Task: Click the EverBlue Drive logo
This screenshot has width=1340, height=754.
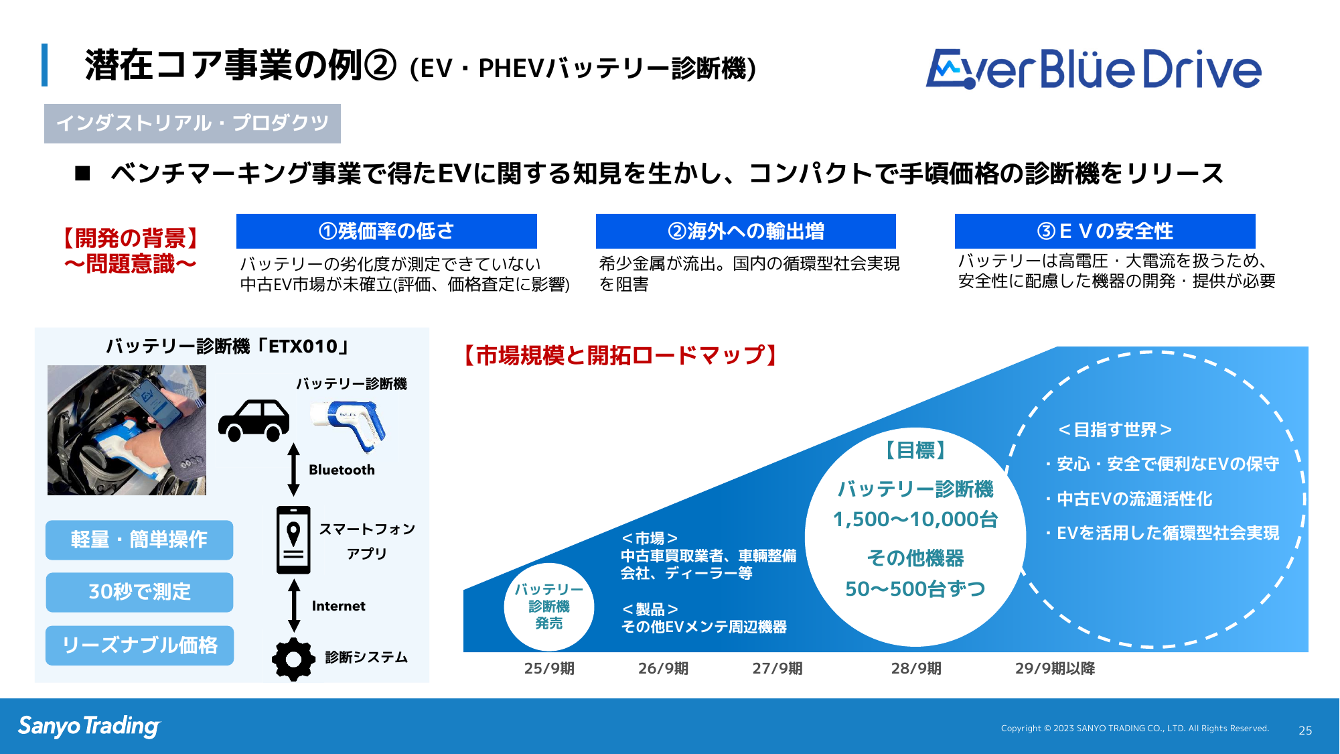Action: coord(1093,69)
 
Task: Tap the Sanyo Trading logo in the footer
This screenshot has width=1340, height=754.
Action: coord(89,727)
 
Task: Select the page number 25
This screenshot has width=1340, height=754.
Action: coord(1305,731)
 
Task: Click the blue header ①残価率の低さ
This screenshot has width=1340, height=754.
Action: coord(386,231)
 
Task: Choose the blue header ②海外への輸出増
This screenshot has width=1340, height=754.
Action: coord(746,231)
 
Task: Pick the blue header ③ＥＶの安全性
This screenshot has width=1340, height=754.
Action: coord(1105,231)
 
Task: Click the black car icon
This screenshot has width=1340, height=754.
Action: coord(254,421)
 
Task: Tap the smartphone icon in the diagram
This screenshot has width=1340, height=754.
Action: coord(293,540)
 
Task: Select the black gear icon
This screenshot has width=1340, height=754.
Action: coord(293,659)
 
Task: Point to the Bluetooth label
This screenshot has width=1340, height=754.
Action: coord(342,470)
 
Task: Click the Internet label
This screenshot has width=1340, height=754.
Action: coord(339,606)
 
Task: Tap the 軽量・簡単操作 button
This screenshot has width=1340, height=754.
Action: coord(139,540)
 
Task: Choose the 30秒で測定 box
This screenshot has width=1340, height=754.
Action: coord(139,592)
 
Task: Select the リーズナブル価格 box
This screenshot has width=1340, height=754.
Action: coord(139,645)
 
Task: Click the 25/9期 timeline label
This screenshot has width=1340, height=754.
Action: coord(549,668)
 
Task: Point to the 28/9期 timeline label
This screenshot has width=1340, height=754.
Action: coord(916,668)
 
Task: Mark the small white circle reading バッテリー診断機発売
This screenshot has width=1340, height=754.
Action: coord(549,607)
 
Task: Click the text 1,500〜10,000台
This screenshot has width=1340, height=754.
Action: coord(915,519)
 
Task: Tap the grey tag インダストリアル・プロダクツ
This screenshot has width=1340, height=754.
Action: coord(192,123)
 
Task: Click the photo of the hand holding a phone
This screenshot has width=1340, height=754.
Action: coord(127,430)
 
